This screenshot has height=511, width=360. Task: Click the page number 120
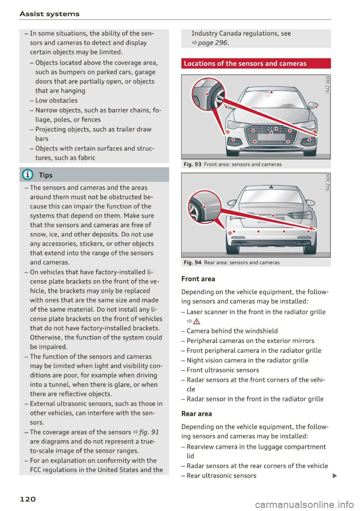click(x=28, y=499)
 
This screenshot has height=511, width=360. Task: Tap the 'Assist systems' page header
click(x=49, y=14)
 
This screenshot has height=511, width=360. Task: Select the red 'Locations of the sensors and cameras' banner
click(x=256, y=63)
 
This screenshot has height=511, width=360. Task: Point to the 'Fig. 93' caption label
click(x=192, y=164)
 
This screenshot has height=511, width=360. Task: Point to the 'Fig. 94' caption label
click(x=192, y=262)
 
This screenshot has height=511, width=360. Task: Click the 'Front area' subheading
click(x=198, y=279)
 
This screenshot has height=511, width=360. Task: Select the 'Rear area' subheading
click(x=196, y=414)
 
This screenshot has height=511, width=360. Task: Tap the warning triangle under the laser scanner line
click(x=197, y=321)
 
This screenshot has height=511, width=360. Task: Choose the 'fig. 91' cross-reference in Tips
click(x=149, y=432)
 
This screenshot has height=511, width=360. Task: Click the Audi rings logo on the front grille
click(x=271, y=129)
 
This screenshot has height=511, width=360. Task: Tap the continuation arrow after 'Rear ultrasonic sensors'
click(x=334, y=476)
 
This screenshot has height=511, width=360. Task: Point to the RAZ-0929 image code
click(x=328, y=182)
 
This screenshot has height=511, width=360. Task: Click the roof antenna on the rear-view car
click(x=271, y=186)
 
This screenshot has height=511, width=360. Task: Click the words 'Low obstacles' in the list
click(x=56, y=100)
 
